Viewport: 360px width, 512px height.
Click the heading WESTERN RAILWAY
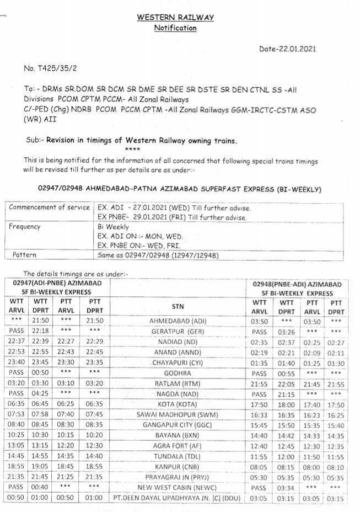[175, 18]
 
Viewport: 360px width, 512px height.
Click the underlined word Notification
[175, 28]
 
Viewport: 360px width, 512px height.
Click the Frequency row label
[24, 226]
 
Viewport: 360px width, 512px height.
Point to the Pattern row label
[24, 255]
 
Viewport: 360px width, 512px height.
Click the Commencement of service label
[49, 207]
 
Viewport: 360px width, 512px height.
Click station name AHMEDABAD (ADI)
[178, 320]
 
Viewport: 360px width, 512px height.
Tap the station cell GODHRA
[178, 373]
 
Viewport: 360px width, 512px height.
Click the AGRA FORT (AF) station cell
[178, 446]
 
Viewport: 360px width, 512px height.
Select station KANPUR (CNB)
[178, 467]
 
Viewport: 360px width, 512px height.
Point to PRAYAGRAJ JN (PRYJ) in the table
[178, 477]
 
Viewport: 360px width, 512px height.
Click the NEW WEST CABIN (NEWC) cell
[178, 488]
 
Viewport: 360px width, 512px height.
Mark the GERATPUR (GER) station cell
[178, 330]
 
